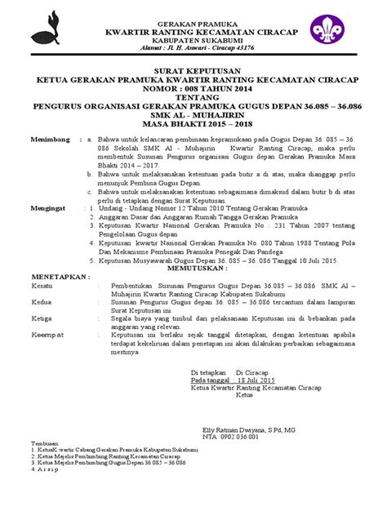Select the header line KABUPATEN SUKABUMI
pos(193,36)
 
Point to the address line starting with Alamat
pos(193,46)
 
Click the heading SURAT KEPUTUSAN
pos(193,71)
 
